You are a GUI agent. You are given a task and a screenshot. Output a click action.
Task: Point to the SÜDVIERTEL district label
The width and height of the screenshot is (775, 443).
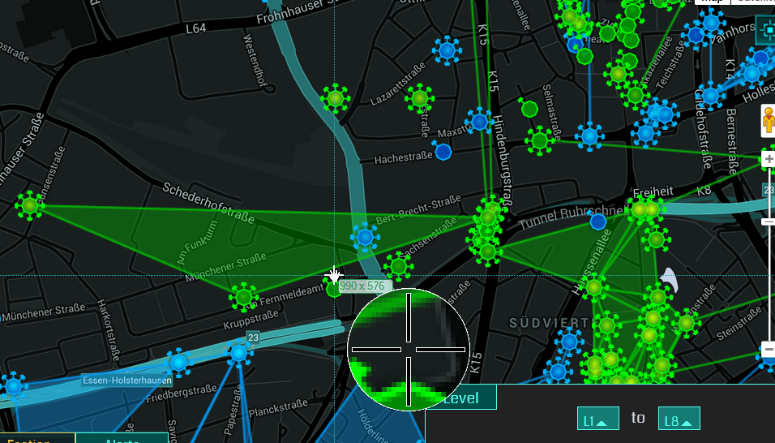click(x=548, y=323)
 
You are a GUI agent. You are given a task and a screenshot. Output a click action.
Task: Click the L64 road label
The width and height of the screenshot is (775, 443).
click(x=196, y=28)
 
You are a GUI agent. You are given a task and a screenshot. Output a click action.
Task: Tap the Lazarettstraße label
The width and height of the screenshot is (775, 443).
click(x=397, y=88)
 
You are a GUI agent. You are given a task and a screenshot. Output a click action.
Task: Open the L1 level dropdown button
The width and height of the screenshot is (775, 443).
click(x=598, y=419)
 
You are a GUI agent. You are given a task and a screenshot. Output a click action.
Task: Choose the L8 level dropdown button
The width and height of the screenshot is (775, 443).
click(x=679, y=419)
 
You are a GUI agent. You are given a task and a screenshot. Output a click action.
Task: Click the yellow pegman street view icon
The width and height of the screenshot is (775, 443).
click(x=768, y=123)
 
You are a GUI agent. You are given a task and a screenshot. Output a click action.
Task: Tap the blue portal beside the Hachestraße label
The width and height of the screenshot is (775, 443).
click(x=443, y=151)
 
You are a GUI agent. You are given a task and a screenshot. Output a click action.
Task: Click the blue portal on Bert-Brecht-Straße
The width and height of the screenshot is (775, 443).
click(x=365, y=237)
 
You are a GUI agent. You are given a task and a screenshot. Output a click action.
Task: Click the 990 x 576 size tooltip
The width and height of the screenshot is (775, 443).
click(x=362, y=286)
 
